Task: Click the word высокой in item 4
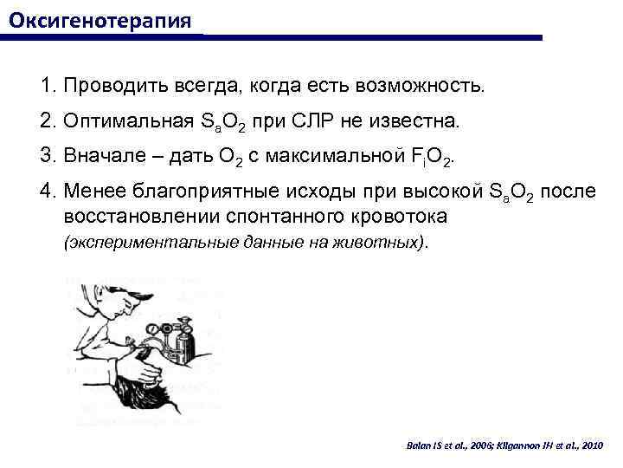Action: [424, 193]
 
